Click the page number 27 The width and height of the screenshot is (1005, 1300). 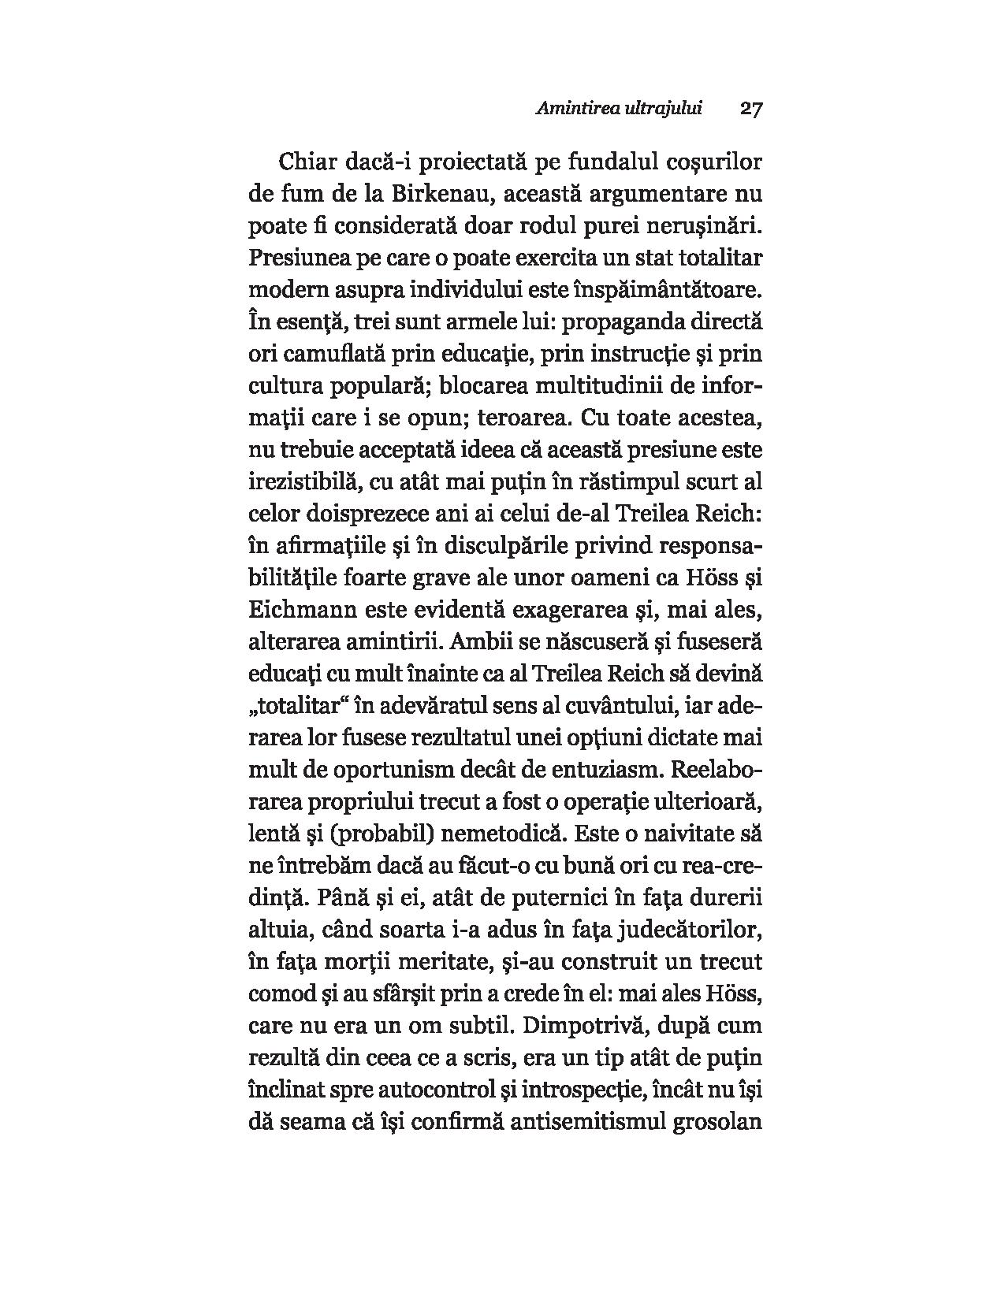pyautogui.click(x=750, y=110)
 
